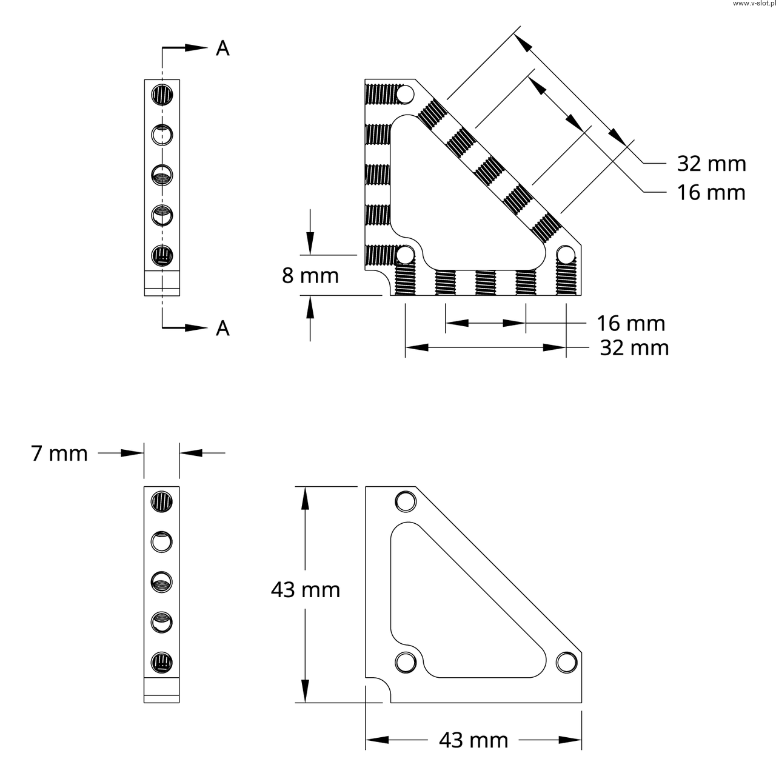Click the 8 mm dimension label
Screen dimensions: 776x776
(x=310, y=276)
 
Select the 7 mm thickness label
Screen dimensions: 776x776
(x=59, y=453)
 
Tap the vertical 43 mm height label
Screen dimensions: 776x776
(x=305, y=589)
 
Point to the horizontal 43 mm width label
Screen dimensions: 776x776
(x=473, y=740)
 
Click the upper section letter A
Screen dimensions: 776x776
(x=223, y=48)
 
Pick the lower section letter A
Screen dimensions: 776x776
(x=223, y=328)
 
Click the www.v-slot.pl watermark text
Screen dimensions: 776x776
(x=752, y=4)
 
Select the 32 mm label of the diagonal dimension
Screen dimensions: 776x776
(x=711, y=164)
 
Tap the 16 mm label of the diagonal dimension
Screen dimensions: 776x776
(x=711, y=192)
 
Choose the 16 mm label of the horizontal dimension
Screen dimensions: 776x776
(x=631, y=323)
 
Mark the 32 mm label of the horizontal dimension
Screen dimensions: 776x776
(x=634, y=348)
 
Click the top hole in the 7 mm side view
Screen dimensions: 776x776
(x=162, y=501)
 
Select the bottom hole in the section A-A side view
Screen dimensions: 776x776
(x=162, y=255)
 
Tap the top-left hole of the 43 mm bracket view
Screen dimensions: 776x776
(x=405, y=501)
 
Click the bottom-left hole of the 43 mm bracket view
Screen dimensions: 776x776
(x=405, y=661)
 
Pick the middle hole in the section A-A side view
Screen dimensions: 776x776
(x=162, y=175)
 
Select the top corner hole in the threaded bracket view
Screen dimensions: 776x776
(x=405, y=95)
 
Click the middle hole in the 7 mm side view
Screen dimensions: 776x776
(x=162, y=582)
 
